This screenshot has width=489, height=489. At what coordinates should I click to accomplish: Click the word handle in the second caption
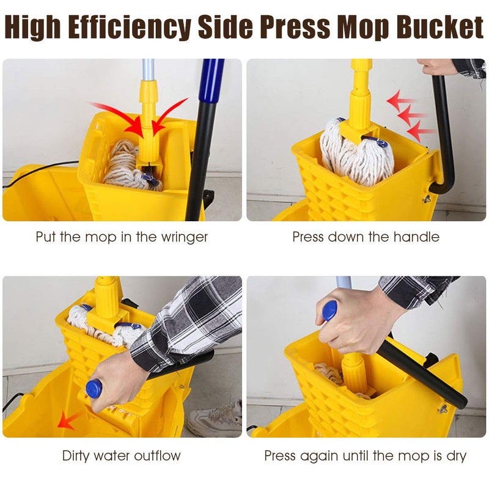(419, 237)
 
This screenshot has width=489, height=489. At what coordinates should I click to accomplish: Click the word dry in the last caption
(455, 455)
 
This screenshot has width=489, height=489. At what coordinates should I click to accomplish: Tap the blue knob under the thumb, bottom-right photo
(329, 310)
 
